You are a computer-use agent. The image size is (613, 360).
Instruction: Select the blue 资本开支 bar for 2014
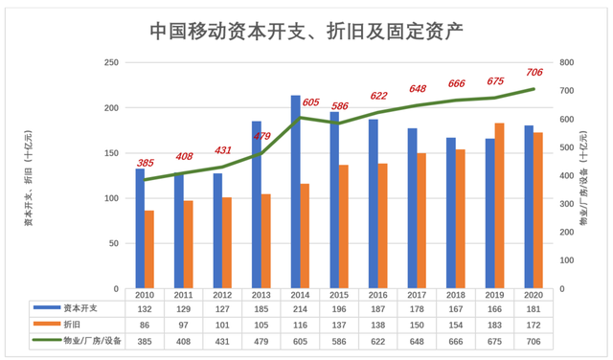point(295,191)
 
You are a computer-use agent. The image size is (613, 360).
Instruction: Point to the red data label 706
point(534,74)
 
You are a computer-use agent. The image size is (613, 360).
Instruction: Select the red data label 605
point(311,101)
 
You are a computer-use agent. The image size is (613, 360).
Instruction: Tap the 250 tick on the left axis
point(111,62)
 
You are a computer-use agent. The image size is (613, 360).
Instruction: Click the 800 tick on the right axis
point(567,62)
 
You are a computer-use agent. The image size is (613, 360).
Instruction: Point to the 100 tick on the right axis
point(567,260)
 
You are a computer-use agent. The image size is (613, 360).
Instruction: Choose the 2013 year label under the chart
point(261,296)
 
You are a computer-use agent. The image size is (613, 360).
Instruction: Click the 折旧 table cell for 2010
point(144,325)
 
